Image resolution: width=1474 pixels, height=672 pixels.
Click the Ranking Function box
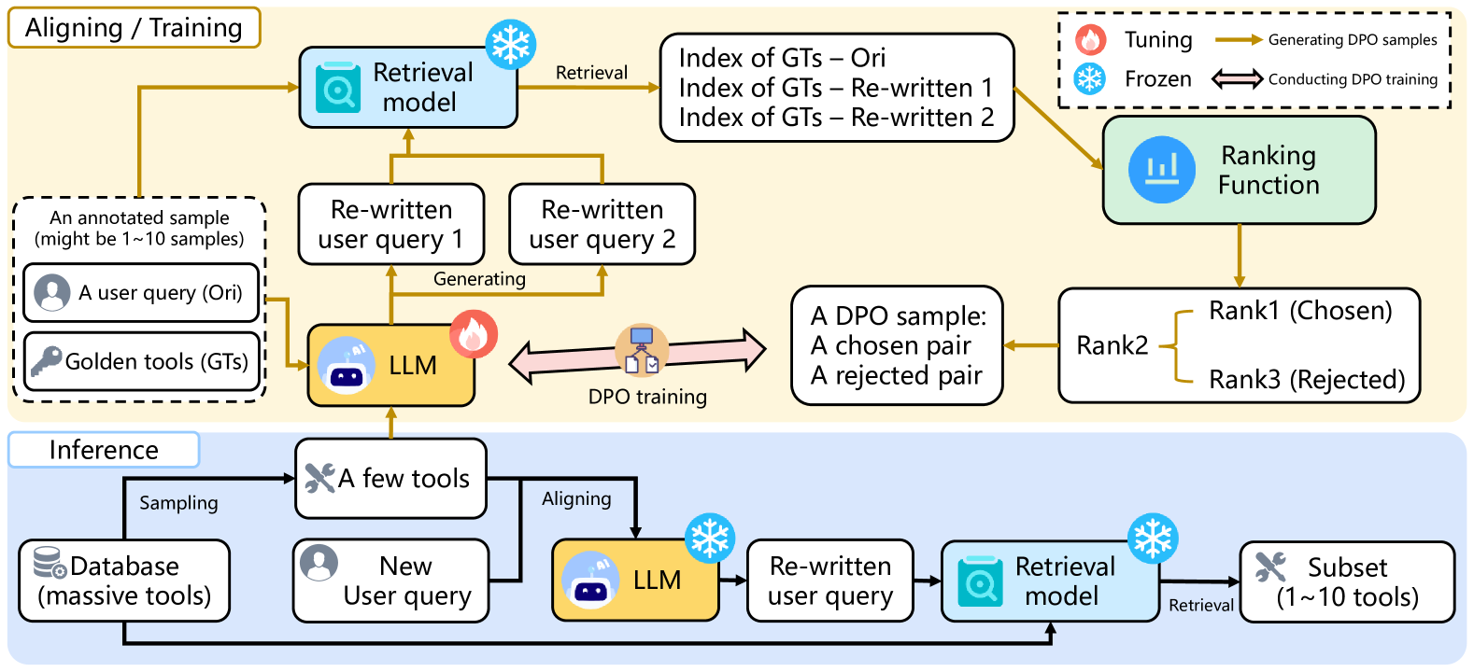(x=1239, y=170)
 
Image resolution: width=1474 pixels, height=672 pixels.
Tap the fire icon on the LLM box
(x=474, y=334)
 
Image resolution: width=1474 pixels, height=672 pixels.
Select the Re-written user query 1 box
(x=390, y=224)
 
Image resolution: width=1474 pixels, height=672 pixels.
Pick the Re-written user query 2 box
(x=602, y=224)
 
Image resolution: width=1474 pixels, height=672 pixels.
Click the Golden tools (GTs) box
(x=141, y=361)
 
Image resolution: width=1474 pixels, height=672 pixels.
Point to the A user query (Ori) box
(x=141, y=292)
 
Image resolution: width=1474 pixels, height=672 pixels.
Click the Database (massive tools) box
(x=124, y=581)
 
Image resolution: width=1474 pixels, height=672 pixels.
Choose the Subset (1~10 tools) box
(x=1347, y=581)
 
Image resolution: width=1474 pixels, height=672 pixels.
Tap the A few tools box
(x=390, y=478)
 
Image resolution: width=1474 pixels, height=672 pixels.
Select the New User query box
(x=390, y=581)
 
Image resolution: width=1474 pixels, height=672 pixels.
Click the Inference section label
(x=104, y=450)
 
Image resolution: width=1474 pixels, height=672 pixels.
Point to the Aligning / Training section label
(x=134, y=28)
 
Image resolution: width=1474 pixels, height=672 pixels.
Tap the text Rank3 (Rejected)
(x=1307, y=380)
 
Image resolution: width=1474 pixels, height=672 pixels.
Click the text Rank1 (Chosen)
(x=1300, y=311)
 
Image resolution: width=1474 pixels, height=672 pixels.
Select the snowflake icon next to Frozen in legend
(x=1090, y=78)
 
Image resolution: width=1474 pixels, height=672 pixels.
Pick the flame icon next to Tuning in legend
(x=1090, y=39)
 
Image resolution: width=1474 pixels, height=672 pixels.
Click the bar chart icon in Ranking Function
(x=1161, y=170)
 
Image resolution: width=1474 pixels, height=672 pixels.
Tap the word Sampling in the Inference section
(x=178, y=503)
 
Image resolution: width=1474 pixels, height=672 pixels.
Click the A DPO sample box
(x=897, y=345)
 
